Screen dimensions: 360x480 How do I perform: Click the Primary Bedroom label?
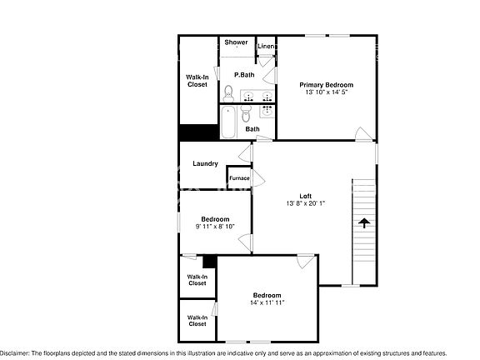(326, 85)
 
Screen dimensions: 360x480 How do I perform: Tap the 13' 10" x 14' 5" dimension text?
(326, 92)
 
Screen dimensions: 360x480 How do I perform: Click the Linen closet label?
(267, 47)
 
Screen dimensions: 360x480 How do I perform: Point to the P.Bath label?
(244, 75)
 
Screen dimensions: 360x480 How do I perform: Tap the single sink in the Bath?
(267, 111)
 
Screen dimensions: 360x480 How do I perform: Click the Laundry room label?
(205, 163)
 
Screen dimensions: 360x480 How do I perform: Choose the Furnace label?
(239, 178)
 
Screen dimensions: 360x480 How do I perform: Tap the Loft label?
(306, 196)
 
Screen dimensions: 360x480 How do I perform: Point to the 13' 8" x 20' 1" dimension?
(306, 203)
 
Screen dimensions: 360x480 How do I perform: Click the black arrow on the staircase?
(363, 222)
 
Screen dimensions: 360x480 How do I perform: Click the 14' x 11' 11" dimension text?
(267, 302)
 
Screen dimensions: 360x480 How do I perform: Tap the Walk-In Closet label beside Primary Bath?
(197, 81)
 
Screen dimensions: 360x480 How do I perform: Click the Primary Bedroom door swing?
(363, 134)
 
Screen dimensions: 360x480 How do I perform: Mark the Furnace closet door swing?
(258, 178)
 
